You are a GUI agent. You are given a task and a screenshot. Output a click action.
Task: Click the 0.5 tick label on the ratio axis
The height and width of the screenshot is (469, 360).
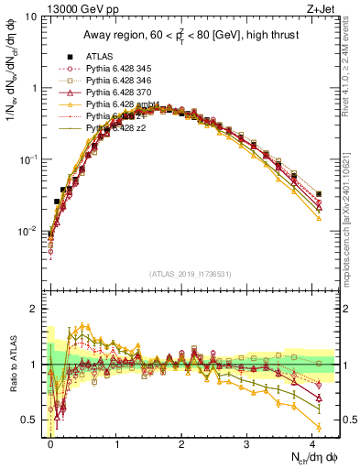(28, 420)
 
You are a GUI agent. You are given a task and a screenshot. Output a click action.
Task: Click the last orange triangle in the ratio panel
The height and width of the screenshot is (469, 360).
(318, 427)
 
